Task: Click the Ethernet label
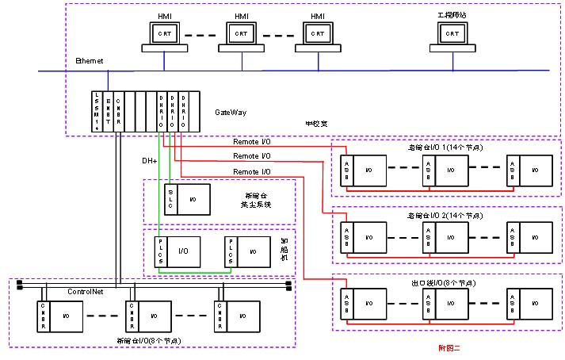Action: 89,61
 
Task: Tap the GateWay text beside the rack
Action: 231,113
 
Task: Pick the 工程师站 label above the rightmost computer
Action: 452,15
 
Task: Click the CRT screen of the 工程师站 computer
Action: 452,33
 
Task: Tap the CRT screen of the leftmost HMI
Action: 164,33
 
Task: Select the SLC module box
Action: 170,197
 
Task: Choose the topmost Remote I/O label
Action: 252,141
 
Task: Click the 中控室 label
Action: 316,124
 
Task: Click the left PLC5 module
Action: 161,251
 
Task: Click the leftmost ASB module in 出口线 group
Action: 346,302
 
